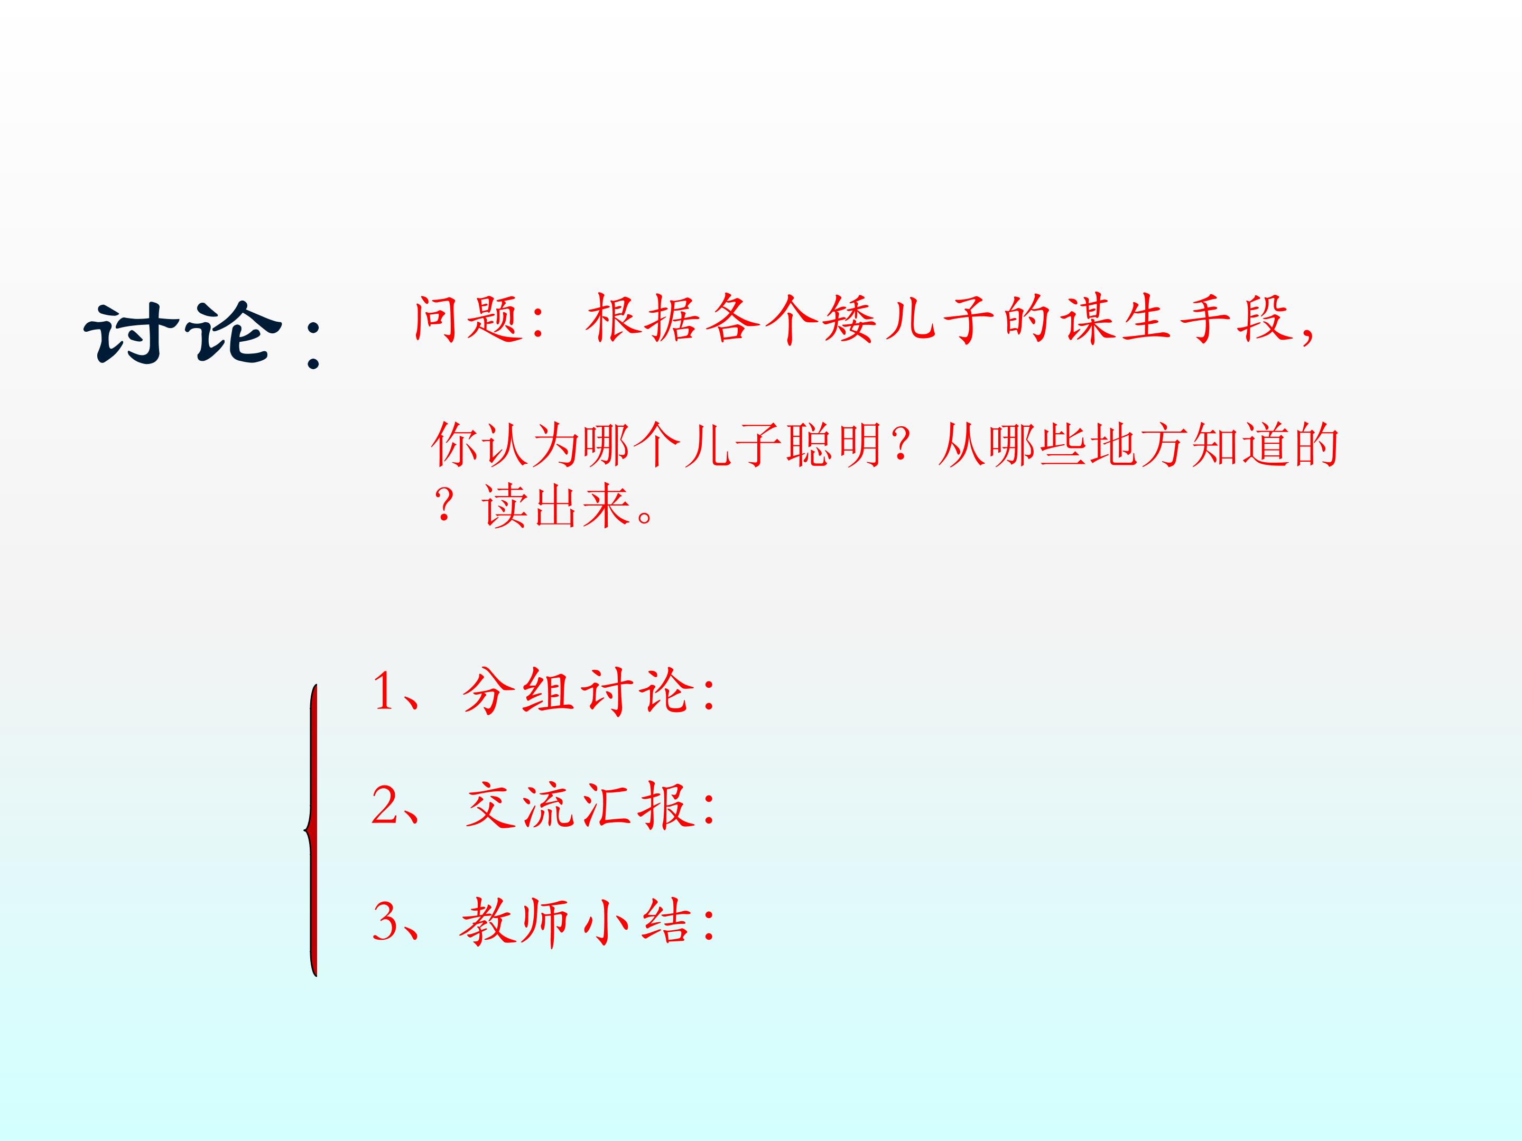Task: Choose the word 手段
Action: click(1235, 319)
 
